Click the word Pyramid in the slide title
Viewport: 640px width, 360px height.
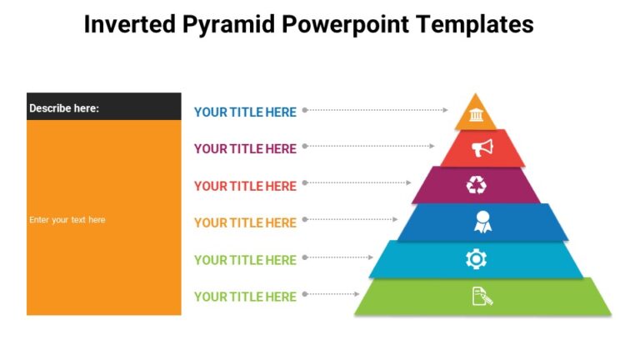coord(229,25)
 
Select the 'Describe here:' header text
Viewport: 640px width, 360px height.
coord(64,107)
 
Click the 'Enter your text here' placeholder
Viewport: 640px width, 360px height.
coord(67,220)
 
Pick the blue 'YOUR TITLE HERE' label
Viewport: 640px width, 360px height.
coord(245,112)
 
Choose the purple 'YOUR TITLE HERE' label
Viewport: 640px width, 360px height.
coord(245,149)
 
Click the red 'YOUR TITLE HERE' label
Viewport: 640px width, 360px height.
coord(245,186)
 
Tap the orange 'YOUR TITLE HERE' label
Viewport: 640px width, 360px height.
coord(245,222)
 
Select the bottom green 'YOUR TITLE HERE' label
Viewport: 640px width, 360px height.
coord(245,297)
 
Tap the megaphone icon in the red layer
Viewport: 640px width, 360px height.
coord(482,148)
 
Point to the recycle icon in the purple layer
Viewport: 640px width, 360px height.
coord(476,185)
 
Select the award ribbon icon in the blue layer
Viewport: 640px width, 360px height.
coord(482,222)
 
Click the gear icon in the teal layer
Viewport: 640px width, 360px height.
coord(476,259)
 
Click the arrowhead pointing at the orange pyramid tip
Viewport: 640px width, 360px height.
coord(446,109)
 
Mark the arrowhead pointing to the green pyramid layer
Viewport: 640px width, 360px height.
coord(357,294)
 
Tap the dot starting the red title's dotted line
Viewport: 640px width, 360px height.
coord(305,182)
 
